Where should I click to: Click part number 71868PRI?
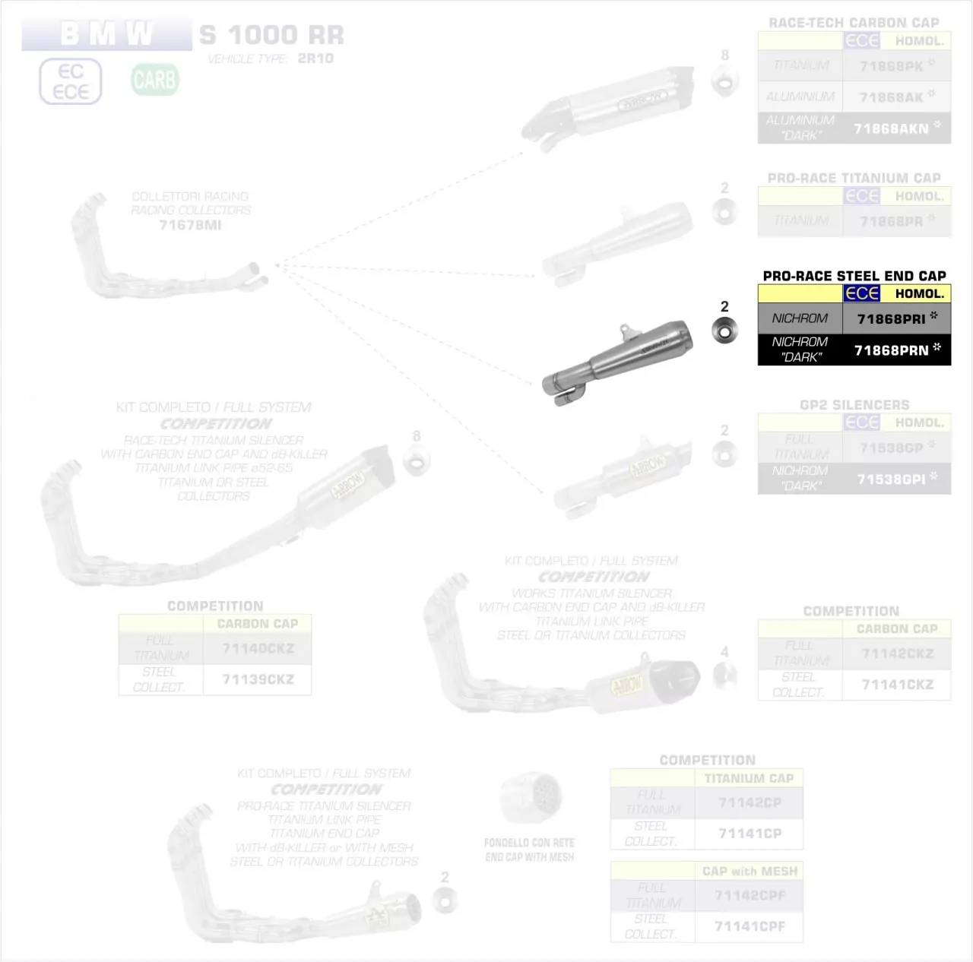pyautogui.click(x=891, y=319)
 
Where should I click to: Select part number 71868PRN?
pyautogui.click(x=891, y=350)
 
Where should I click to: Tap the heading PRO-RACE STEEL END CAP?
pyautogui.click(x=854, y=276)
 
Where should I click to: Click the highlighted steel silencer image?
pyautogui.click(x=617, y=360)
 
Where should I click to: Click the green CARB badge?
pyautogui.click(x=154, y=80)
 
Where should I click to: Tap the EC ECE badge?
pyautogui.click(x=71, y=81)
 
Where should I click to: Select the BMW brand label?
pyautogui.click(x=106, y=34)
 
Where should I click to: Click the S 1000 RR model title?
pyautogui.click(x=271, y=35)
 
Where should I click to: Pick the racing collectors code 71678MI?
pyautogui.click(x=190, y=225)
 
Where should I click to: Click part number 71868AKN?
pyautogui.click(x=891, y=129)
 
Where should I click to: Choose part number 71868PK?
pyautogui.click(x=891, y=67)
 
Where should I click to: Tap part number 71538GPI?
pyautogui.click(x=891, y=479)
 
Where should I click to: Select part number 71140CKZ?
pyautogui.click(x=258, y=648)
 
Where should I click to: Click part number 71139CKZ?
pyautogui.click(x=258, y=679)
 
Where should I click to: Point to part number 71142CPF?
pyautogui.click(x=750, y=895)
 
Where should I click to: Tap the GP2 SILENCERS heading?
pyautogui.click(x=854, y=405)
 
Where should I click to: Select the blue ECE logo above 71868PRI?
pyautogui.click(x=862, y=293)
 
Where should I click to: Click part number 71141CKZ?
pyautogui.click(x=897, y=685)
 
